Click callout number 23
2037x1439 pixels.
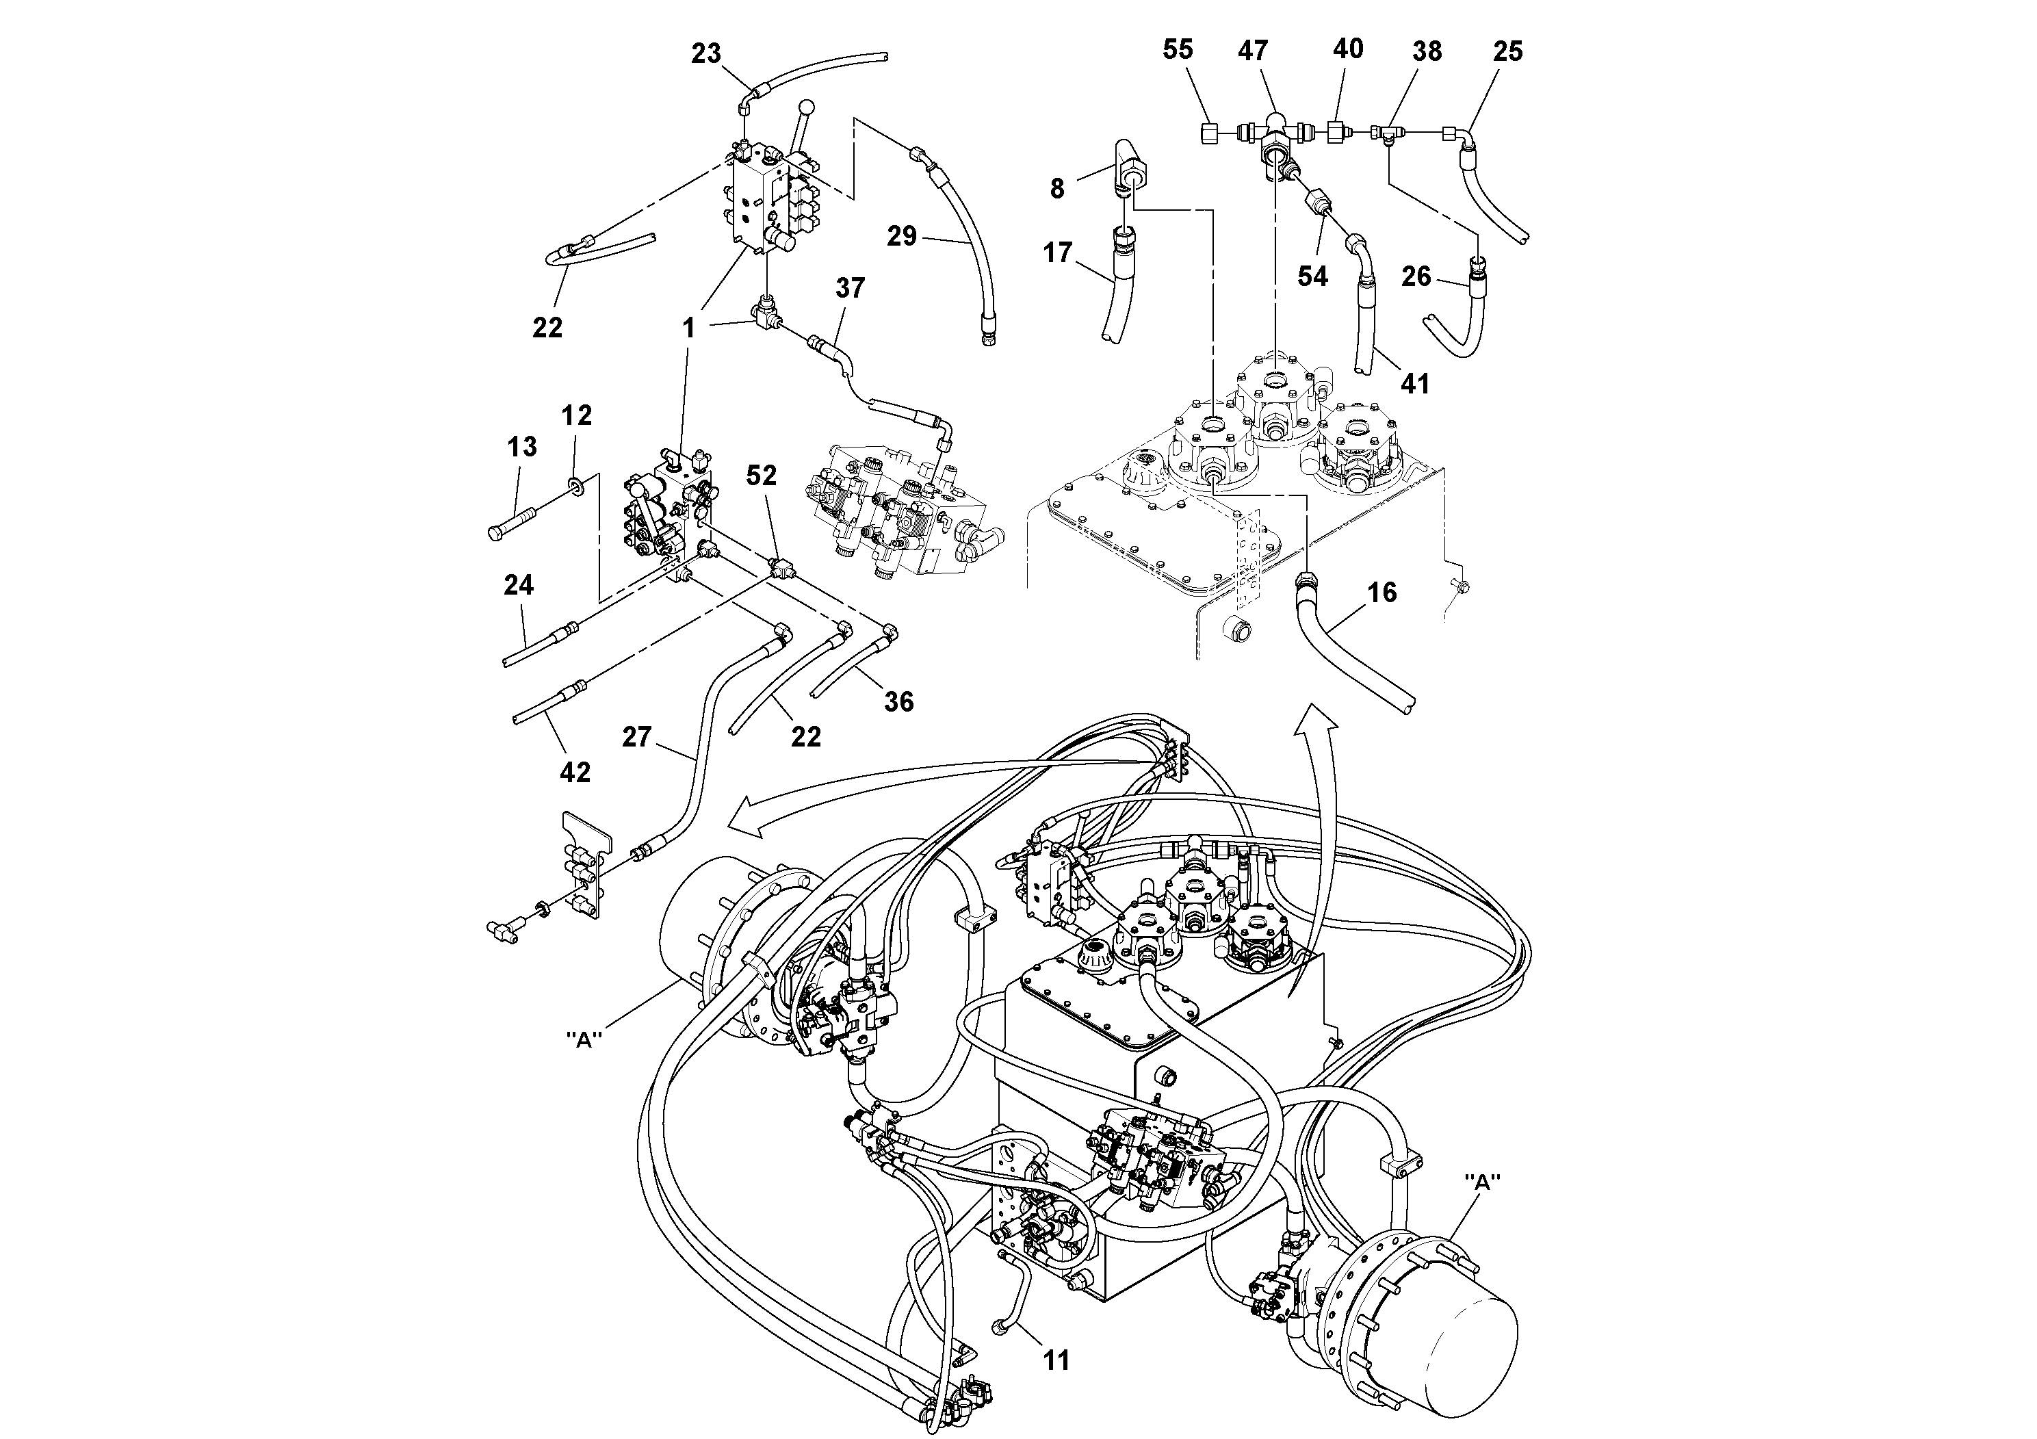coord(705,54)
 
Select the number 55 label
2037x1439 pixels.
coord(1178,50)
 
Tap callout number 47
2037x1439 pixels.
coord(1253,51)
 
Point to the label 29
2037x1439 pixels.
coord(901,237)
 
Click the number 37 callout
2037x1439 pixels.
coord(850,287)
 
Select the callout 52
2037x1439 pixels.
coord(761,476)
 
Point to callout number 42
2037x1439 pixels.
coord(574,772)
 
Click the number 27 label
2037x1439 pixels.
coord(637,736)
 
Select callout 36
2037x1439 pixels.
coord(898,702)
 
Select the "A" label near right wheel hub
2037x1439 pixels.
coord(1481,1182)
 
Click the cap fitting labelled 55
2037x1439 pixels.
coord(1208,134)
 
